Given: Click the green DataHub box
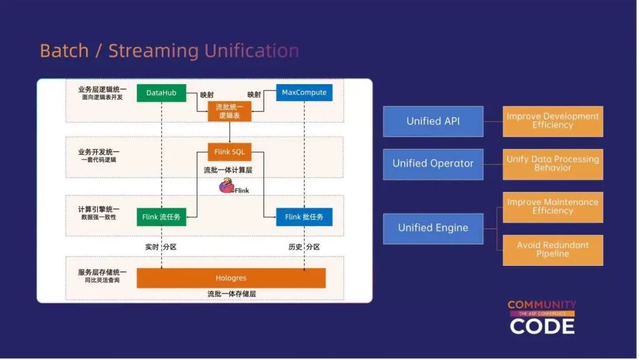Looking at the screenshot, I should coord(161,93).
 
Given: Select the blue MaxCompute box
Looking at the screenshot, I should coord(304,93).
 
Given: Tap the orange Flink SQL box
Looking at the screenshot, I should coord(229,152).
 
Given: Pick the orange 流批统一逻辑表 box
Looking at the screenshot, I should coord(229,111).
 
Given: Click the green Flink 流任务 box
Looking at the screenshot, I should coord(161,217).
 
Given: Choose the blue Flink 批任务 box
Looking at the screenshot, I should coord(304,217).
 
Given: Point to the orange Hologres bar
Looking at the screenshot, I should coord(231,278).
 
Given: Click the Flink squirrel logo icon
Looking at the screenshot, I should coord(226,187).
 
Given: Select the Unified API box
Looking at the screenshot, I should coord(433,121).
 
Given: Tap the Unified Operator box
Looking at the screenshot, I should coord(433,164).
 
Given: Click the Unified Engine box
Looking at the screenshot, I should coord(433,228).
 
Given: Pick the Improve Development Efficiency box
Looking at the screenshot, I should coord(553,121).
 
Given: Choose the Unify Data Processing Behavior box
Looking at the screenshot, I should coord(553,164).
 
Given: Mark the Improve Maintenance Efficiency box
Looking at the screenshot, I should coord(553,207).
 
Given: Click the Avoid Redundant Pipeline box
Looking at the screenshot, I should coord(553,250).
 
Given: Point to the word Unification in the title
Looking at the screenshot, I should coord(251,51).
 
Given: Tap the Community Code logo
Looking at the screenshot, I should coord(542,317).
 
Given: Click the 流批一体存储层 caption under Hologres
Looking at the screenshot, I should coord(231,294).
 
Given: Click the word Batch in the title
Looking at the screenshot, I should coord(63,51).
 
